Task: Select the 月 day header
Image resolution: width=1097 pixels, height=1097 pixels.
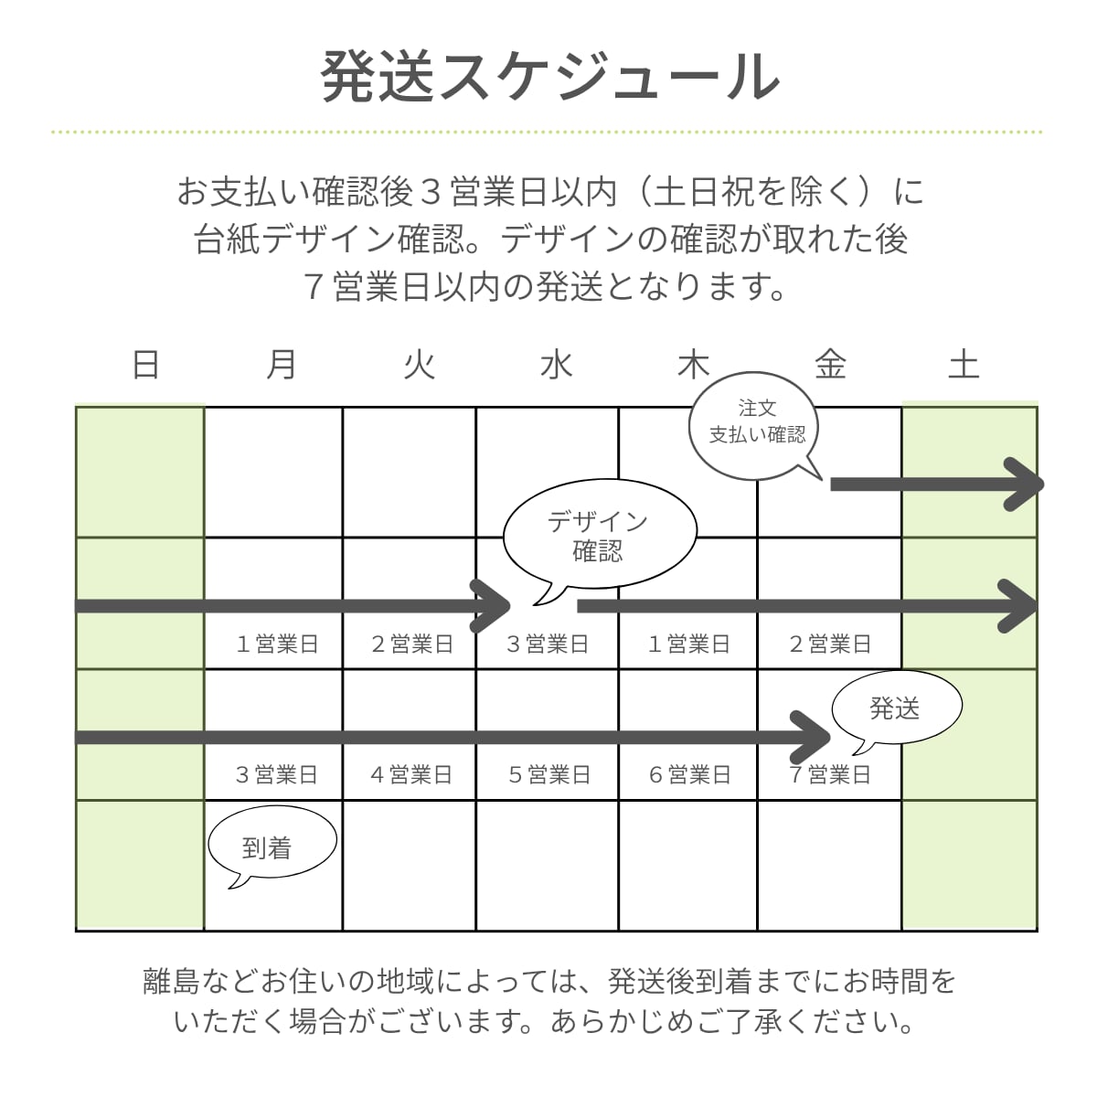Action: click(282, 365)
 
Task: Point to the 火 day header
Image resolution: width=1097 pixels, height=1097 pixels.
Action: click(419, 365)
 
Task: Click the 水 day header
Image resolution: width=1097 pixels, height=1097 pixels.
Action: click(556, 365)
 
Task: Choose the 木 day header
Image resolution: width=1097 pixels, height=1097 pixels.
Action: click(693, 365)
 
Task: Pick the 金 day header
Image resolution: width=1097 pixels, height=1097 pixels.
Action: click(830, 365)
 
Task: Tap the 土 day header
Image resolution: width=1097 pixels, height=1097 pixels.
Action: click(964, 365)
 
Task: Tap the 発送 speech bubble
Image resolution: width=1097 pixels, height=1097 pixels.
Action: click(896, 708)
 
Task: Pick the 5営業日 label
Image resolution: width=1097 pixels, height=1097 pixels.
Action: click(549, 775)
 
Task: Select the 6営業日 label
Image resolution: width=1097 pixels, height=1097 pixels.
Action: click(689, 775)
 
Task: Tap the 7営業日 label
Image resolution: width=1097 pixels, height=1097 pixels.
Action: click(830, 775)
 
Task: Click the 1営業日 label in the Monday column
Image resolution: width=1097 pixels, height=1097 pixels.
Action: click(277, 644)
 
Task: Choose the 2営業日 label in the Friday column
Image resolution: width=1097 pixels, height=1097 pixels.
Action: click(830, 644)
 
